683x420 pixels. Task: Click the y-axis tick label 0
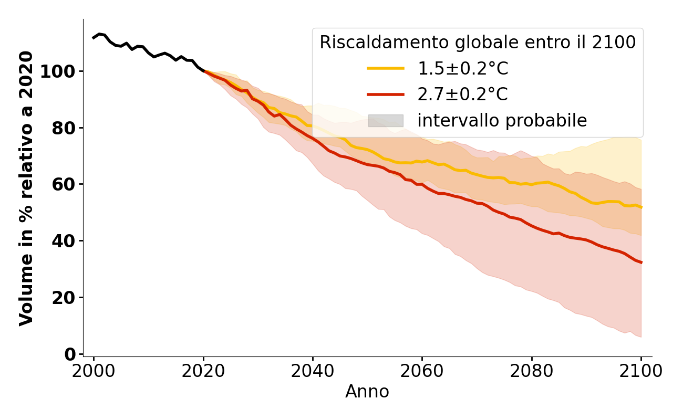(70, 354)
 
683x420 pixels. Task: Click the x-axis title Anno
(367, 392)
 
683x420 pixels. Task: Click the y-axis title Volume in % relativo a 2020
(26, 188)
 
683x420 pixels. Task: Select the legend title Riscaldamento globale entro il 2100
(478, 43)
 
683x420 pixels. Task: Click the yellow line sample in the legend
(386, 68)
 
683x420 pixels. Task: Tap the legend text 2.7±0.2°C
(462, 94)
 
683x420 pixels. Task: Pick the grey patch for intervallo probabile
(386, 121)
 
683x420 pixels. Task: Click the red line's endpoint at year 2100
(641, 262)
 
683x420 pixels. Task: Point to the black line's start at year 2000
(94, 38)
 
